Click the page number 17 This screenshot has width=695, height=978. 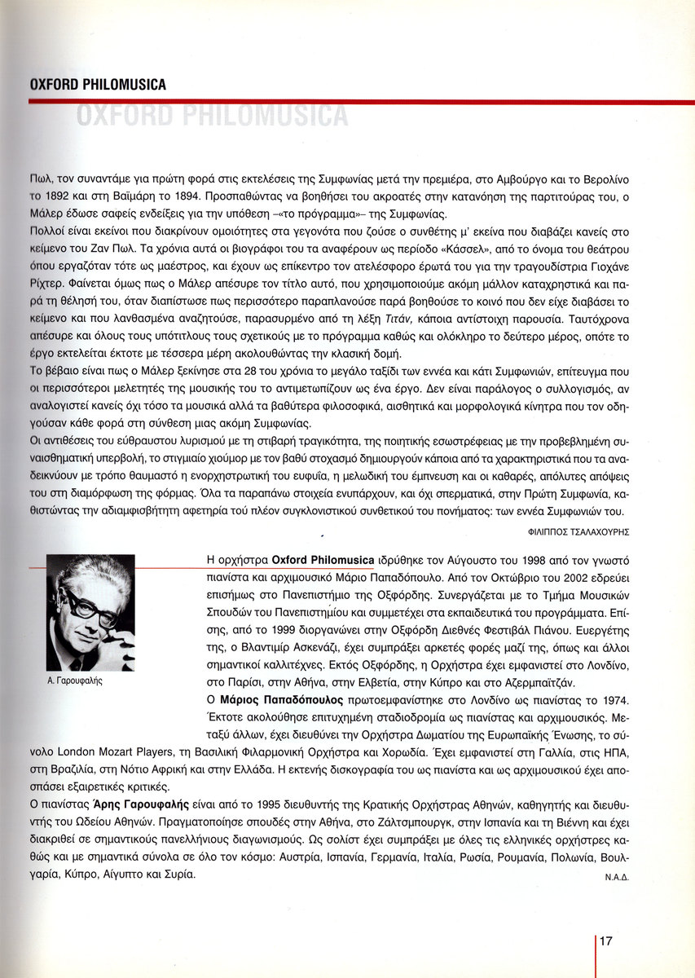click(x=606, y=941)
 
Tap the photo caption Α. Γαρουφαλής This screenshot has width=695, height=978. click(x=75, y=678)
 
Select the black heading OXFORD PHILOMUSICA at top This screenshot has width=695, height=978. click(x=97, y=85)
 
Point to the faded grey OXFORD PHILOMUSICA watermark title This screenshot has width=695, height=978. click(x=212, y=116)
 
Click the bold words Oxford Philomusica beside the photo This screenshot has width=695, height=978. click(x=323, y=562)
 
